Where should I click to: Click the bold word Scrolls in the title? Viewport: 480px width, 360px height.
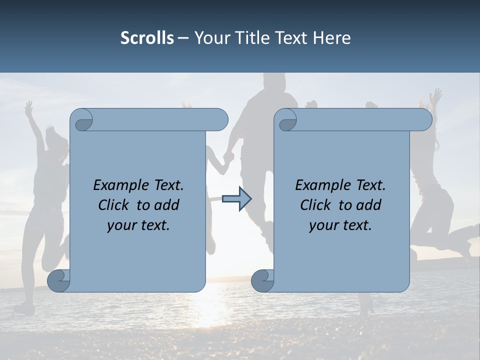[147, 38]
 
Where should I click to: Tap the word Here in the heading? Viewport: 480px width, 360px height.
[331, 38]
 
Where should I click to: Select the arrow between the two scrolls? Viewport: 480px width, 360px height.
[236, 199]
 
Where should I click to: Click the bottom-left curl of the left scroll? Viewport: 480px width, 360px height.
[58, 280]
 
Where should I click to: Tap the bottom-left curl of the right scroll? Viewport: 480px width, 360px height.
[262, 280]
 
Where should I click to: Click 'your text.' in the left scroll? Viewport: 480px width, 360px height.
[138, 225]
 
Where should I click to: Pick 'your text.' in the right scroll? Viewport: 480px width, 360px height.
[340, 225]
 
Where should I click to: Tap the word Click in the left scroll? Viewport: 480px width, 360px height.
[113, 205]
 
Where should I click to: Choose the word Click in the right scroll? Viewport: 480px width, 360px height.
[315, 205]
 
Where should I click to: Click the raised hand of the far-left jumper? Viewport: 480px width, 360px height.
[29, 107]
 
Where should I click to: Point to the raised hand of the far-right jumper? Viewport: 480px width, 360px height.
[436, 95]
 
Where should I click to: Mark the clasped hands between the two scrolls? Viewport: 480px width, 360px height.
[228, 157]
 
